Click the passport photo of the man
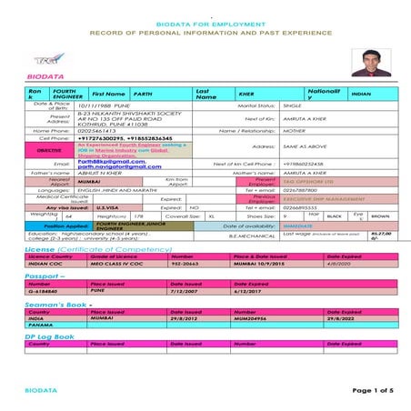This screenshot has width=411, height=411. coord(374,60)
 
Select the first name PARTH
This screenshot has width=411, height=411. coord(144,94)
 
